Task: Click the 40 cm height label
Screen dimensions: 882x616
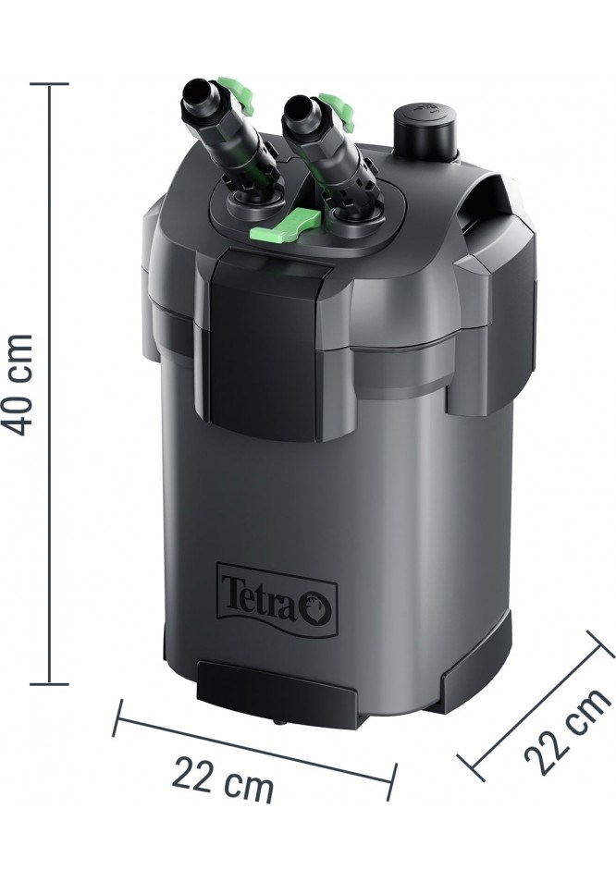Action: coord(20,384)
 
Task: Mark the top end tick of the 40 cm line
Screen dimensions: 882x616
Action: coord(49,84)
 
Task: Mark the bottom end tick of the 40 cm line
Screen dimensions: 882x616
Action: coord(49,684)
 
